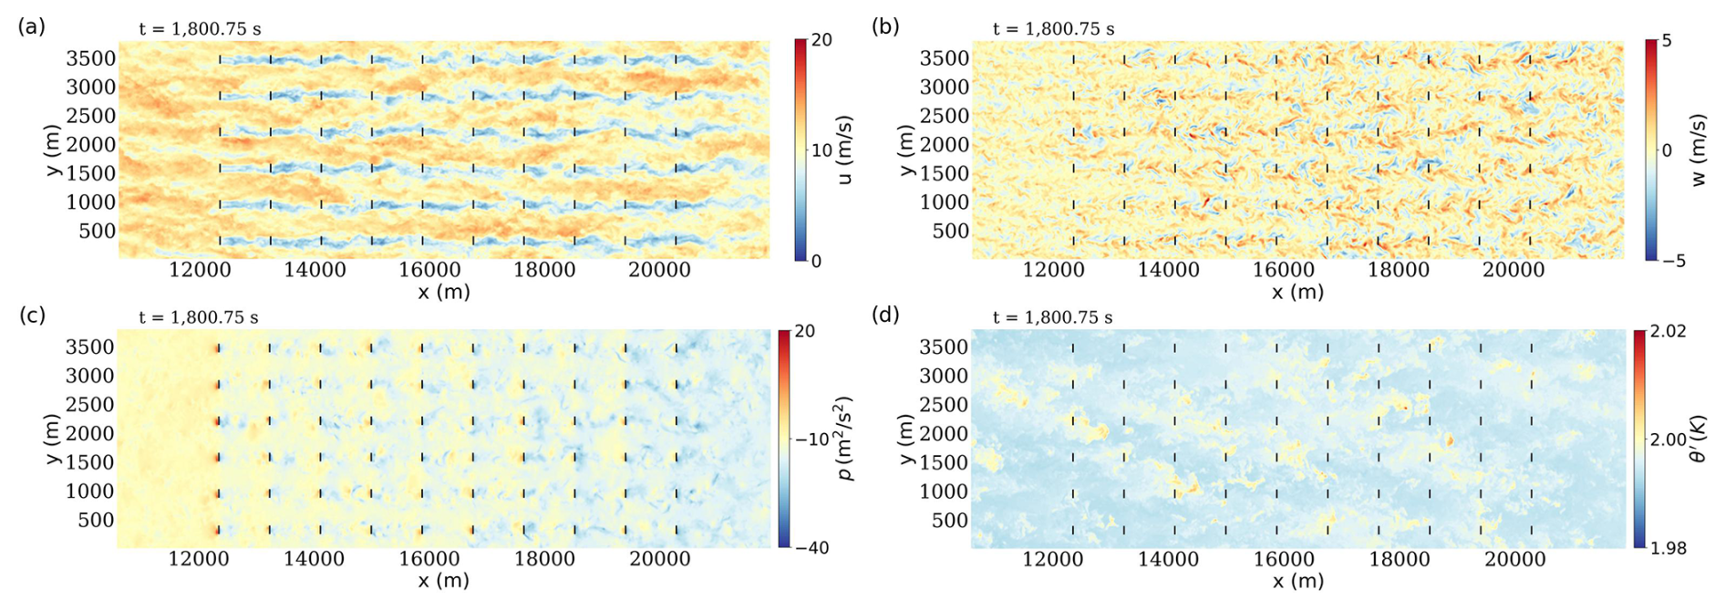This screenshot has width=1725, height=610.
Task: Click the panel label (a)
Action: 31,26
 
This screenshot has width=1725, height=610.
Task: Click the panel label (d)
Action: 885,315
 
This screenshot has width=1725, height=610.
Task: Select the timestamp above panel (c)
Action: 199,317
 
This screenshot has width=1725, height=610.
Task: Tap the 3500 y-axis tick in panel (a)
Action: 91,58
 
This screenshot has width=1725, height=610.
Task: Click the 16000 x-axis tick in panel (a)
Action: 429,270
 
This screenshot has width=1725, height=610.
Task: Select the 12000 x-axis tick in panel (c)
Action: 198,559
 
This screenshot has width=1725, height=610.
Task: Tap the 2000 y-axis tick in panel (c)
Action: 90,434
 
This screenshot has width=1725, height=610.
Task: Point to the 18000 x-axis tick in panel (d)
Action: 1399,559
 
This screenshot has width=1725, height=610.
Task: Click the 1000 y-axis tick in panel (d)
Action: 945,491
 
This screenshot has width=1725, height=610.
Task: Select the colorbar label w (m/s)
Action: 1698,150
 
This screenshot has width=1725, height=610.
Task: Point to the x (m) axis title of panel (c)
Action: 443,581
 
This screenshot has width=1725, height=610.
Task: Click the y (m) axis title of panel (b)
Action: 905,150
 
